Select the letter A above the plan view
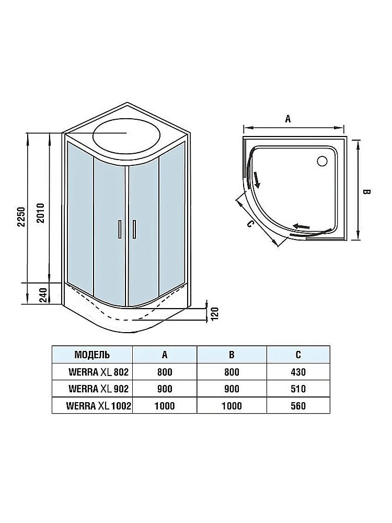288,119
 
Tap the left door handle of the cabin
119,229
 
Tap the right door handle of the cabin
134,229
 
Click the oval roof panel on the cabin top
126,134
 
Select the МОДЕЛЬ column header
92,355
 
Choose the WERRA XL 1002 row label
98,405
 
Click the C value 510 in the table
298,389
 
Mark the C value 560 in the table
298,405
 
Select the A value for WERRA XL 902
165,389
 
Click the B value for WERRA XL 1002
232,405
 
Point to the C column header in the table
298,355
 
